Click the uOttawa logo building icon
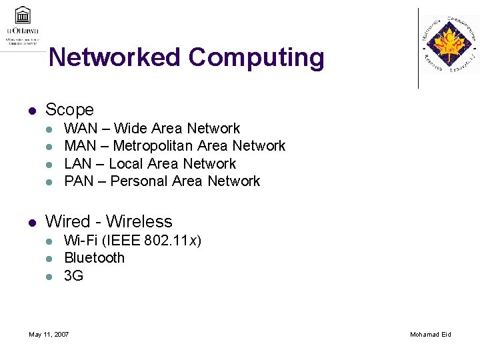point(23,15)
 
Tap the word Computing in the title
point(256,58)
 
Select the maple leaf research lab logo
point(449,45)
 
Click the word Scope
point(69,109)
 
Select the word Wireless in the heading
point(139,221)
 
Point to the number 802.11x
point(173,240)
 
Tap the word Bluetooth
point(94,257)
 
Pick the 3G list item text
point(73,275)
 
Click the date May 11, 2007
point(49,334)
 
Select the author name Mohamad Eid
point(430,334)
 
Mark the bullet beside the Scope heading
point(31,110)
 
